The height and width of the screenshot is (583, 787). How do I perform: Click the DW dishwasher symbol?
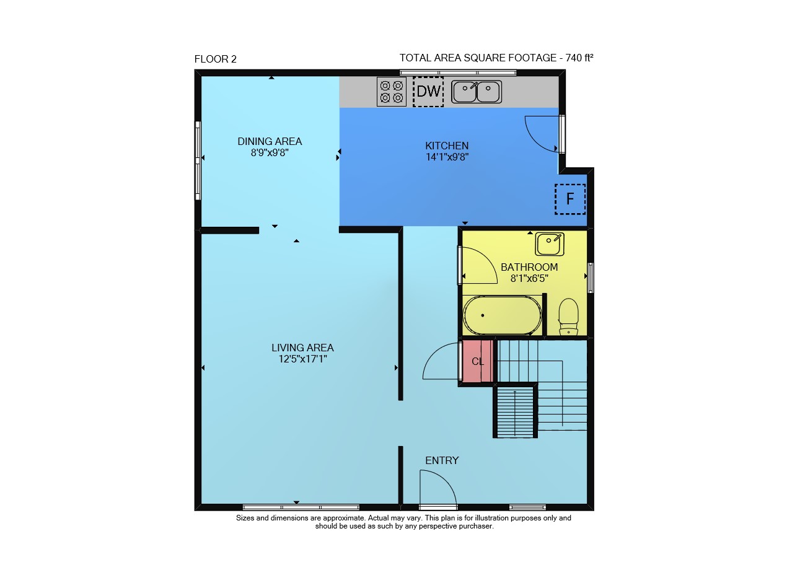428,92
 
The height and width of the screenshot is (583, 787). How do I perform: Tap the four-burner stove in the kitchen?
392,92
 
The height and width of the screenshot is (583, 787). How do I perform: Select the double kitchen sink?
476,92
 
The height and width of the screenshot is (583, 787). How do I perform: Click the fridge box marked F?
570,199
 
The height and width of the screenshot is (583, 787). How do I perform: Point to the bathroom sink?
550,244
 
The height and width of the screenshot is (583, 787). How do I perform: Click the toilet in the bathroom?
568,317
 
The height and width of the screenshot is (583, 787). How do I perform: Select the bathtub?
502,315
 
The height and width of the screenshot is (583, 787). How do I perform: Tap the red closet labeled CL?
478,361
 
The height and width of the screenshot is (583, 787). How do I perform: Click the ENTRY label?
442,460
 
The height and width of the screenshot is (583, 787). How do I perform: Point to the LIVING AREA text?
302,348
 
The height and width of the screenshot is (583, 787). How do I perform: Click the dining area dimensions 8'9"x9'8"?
270,153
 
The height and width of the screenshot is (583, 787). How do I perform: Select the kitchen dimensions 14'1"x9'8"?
447,157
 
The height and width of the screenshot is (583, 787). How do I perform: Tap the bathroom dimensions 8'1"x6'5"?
529,279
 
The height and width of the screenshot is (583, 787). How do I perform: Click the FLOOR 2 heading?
216,59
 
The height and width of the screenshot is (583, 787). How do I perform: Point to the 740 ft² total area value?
579,58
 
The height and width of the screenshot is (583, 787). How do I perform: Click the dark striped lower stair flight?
515,413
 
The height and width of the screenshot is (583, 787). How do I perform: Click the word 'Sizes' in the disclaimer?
245,518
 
